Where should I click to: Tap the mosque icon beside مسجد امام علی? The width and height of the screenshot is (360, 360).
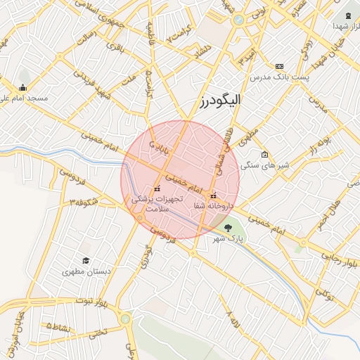pos(23,88)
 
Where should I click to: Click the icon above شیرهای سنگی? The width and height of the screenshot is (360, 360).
pos(264,155)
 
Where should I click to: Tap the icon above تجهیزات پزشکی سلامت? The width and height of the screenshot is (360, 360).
pos(157,188)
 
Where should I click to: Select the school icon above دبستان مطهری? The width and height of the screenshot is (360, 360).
pos(86,261)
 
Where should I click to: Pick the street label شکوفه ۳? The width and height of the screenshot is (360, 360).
pos(81,203)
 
